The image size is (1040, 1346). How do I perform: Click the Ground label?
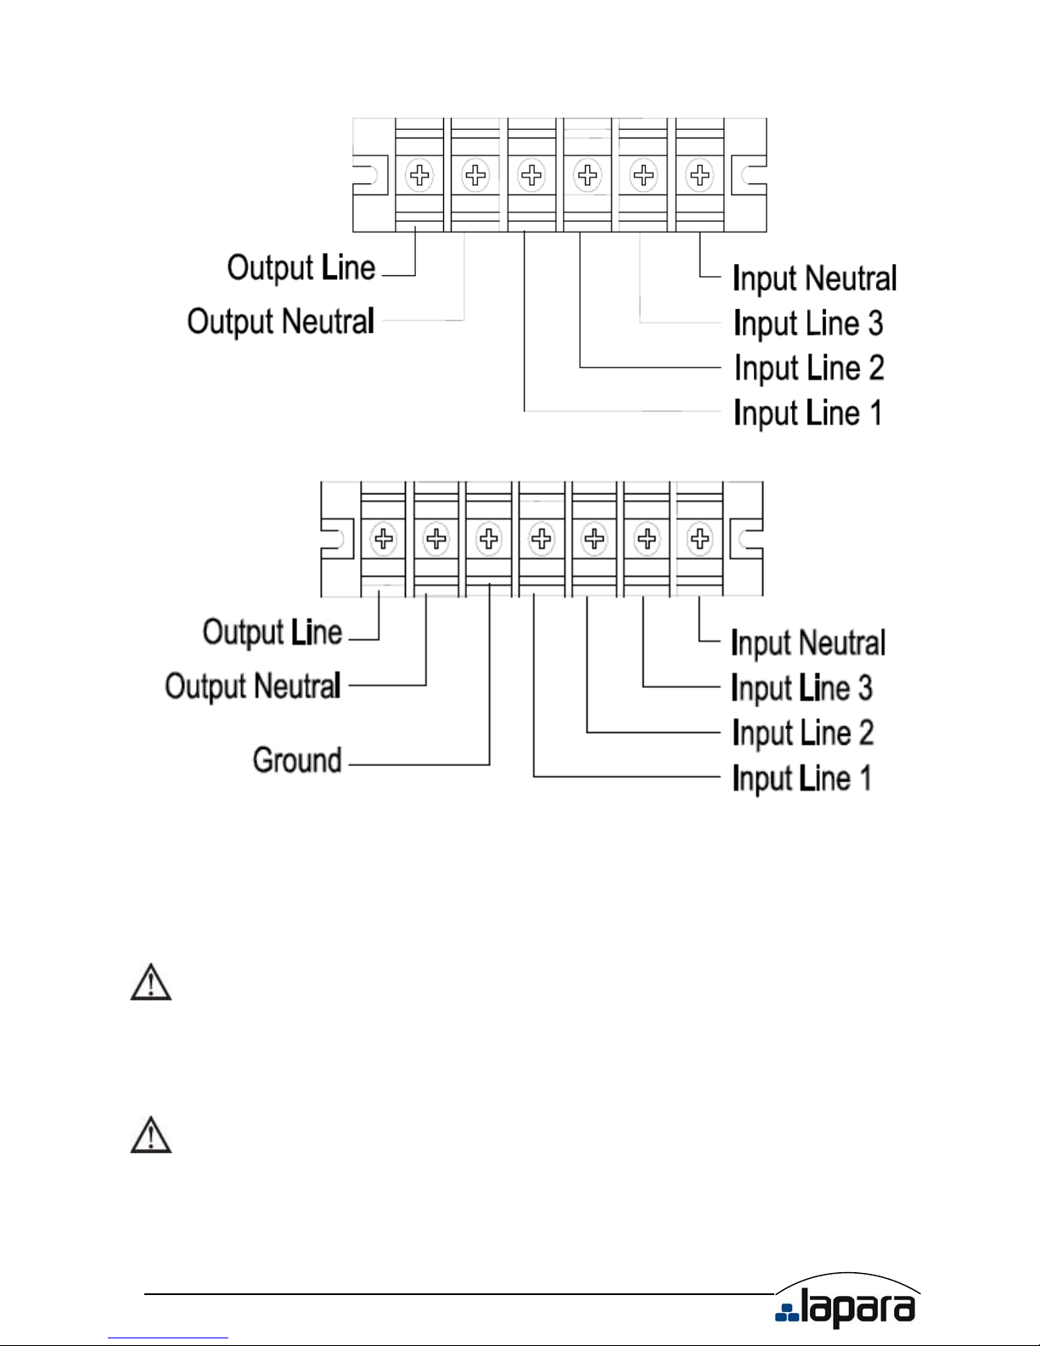point(297,760)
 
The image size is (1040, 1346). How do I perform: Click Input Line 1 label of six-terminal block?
point(807,414)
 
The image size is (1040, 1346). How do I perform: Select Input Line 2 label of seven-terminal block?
point(802,733)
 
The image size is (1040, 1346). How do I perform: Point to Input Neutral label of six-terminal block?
point(814,279)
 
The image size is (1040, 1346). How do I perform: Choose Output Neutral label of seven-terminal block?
point(253,686)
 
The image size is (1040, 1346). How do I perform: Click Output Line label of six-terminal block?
point(301,268)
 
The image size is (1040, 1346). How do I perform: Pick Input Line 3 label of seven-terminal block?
point(801,688)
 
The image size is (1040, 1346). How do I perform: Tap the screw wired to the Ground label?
point(489,538)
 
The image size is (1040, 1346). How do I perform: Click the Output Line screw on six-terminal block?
point(419,176)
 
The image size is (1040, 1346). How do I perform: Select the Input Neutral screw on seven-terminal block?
point(700,538)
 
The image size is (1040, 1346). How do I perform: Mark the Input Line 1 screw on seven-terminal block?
point(542,538)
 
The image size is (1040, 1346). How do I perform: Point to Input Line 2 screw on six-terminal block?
point(587,176)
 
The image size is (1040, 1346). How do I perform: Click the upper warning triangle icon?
point(151,983)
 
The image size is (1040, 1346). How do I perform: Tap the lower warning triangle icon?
point(151,1135)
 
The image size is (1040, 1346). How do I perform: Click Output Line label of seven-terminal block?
point(273,633)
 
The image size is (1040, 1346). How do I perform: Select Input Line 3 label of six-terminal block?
point(808,324)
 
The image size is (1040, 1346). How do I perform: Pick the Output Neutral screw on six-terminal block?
point(475,176)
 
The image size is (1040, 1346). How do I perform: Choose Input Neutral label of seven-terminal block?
point(807,643)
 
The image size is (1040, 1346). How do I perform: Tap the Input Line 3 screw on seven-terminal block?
point(647,538)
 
